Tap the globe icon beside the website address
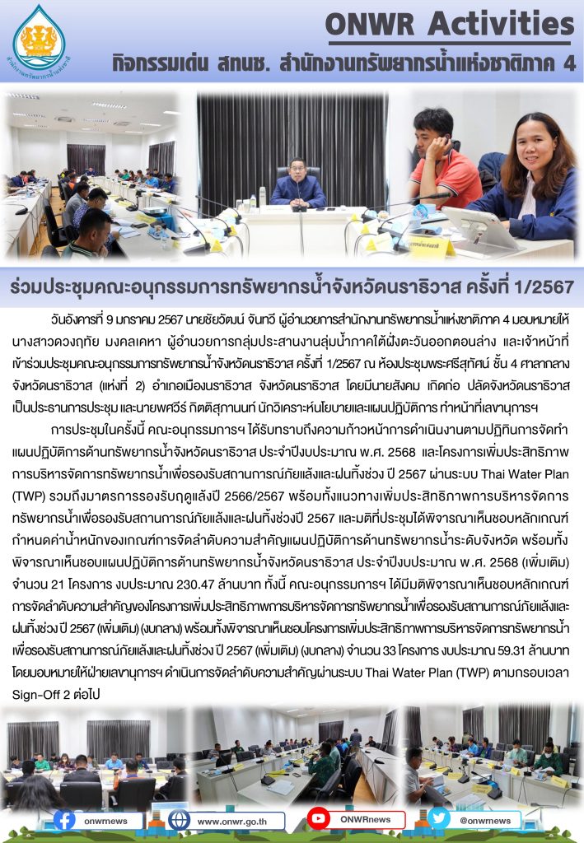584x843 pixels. (x=179, y=820)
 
